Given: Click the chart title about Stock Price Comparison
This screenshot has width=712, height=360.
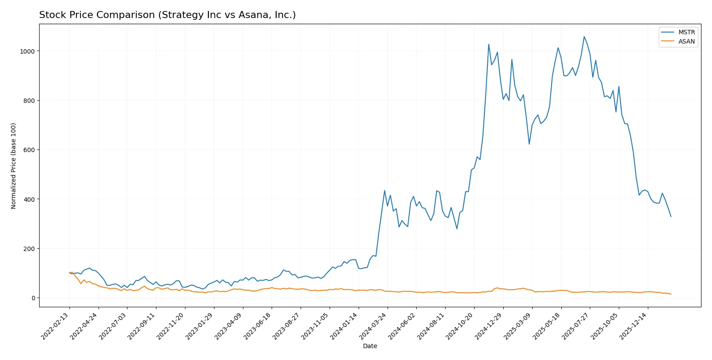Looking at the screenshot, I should (167, 15).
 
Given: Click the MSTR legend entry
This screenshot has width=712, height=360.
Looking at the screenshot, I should (686, 32).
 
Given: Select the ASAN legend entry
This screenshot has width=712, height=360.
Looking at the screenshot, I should (686, 41).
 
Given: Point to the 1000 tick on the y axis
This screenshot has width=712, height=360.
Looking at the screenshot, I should (27, 51).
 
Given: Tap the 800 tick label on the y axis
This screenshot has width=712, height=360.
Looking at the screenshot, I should (29, 101).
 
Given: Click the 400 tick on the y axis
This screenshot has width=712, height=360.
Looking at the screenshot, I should (29, 199).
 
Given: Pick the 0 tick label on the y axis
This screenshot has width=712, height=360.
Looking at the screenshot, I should (33, 298).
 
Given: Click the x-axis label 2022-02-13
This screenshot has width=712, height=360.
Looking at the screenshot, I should (56, 327).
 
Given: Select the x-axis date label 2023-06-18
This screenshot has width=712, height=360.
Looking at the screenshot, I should (258, 327).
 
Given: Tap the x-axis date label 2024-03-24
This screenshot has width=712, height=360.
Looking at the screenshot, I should (374, 327).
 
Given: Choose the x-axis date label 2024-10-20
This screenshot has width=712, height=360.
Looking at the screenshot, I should (461, 327).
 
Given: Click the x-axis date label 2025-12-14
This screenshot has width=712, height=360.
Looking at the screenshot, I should (634, 327).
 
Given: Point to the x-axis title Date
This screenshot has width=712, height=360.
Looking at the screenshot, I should (370, 346).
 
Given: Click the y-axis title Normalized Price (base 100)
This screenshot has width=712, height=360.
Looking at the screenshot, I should (14, 166).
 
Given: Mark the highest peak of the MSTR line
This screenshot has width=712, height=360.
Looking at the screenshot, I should (584, 36).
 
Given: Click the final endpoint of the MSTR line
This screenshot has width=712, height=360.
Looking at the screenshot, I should (671, 216).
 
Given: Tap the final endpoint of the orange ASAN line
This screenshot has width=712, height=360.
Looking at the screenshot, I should (671, 294).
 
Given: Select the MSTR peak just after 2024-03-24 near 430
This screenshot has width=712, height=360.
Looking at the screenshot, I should (385, 191).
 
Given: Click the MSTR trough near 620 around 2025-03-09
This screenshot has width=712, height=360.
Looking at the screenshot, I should (529, 144).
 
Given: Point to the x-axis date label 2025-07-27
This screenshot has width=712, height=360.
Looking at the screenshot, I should (576, 327).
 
